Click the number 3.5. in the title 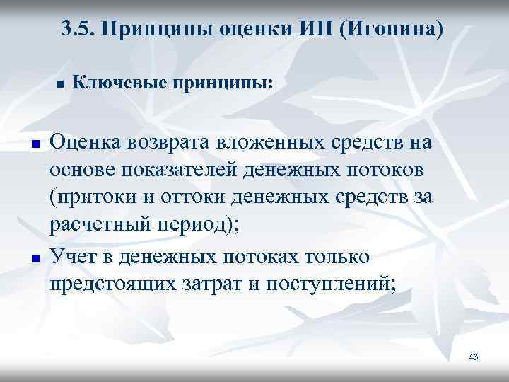[x=76, y=30]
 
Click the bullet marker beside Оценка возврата [x=33, y=144]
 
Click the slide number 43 [x=473, y=357]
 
